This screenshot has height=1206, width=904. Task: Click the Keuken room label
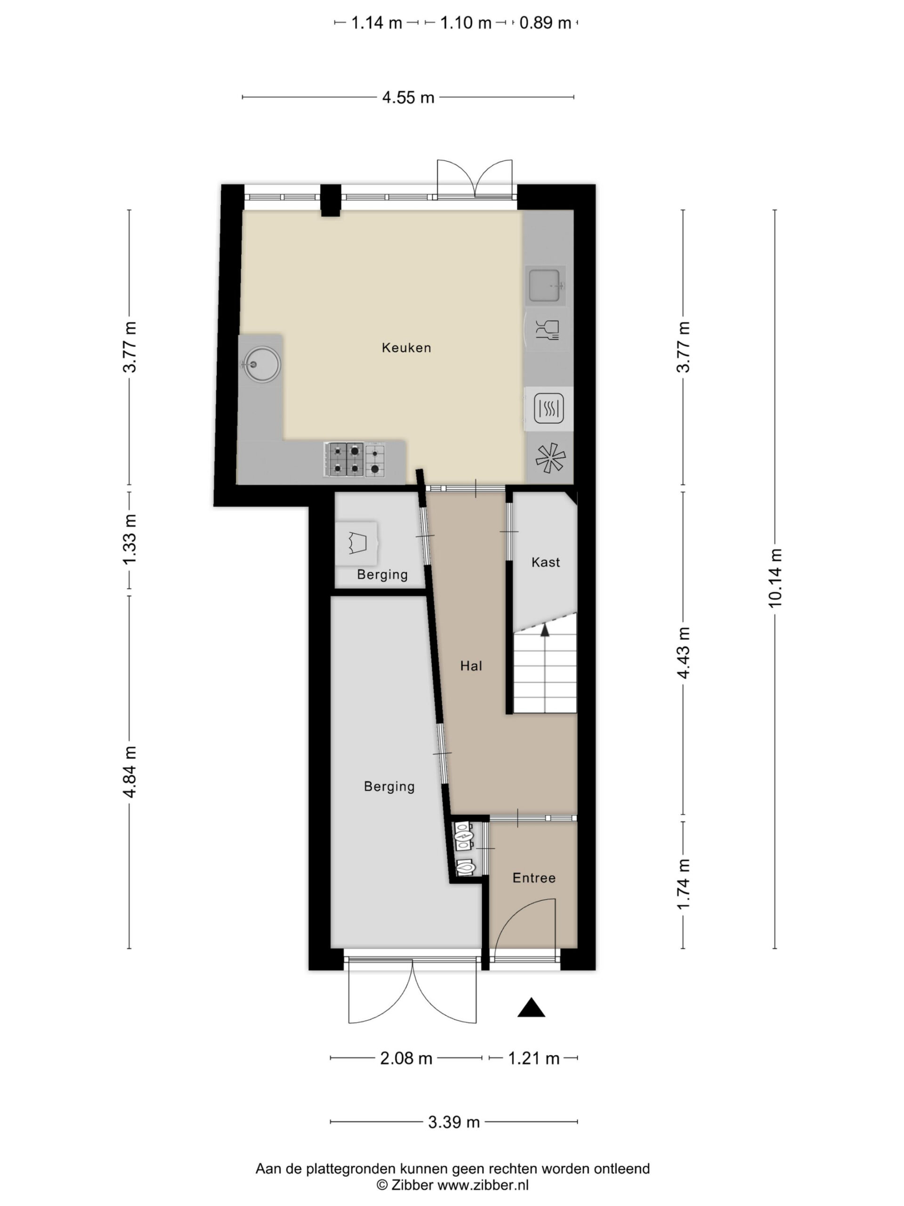point(406,347)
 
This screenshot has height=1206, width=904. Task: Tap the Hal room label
point(471,665)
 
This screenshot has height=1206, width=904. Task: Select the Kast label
point(545,562)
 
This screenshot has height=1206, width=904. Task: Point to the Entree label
point(534,877)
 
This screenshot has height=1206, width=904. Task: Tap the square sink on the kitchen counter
point(545,285)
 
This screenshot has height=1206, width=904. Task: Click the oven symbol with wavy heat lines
point(549,408)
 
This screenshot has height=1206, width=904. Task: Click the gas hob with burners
point(355,460)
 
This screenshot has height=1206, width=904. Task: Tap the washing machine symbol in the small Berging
point(357,543)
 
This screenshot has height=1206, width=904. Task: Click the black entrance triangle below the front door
point(531,1007)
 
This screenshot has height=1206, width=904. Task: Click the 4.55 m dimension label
point(408,98)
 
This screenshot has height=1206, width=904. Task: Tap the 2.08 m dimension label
point(406,1058)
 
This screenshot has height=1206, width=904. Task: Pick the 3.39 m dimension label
point(454,1122)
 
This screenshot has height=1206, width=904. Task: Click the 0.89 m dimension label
point(545,23)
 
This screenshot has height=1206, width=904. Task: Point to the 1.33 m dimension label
point(129,540)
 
